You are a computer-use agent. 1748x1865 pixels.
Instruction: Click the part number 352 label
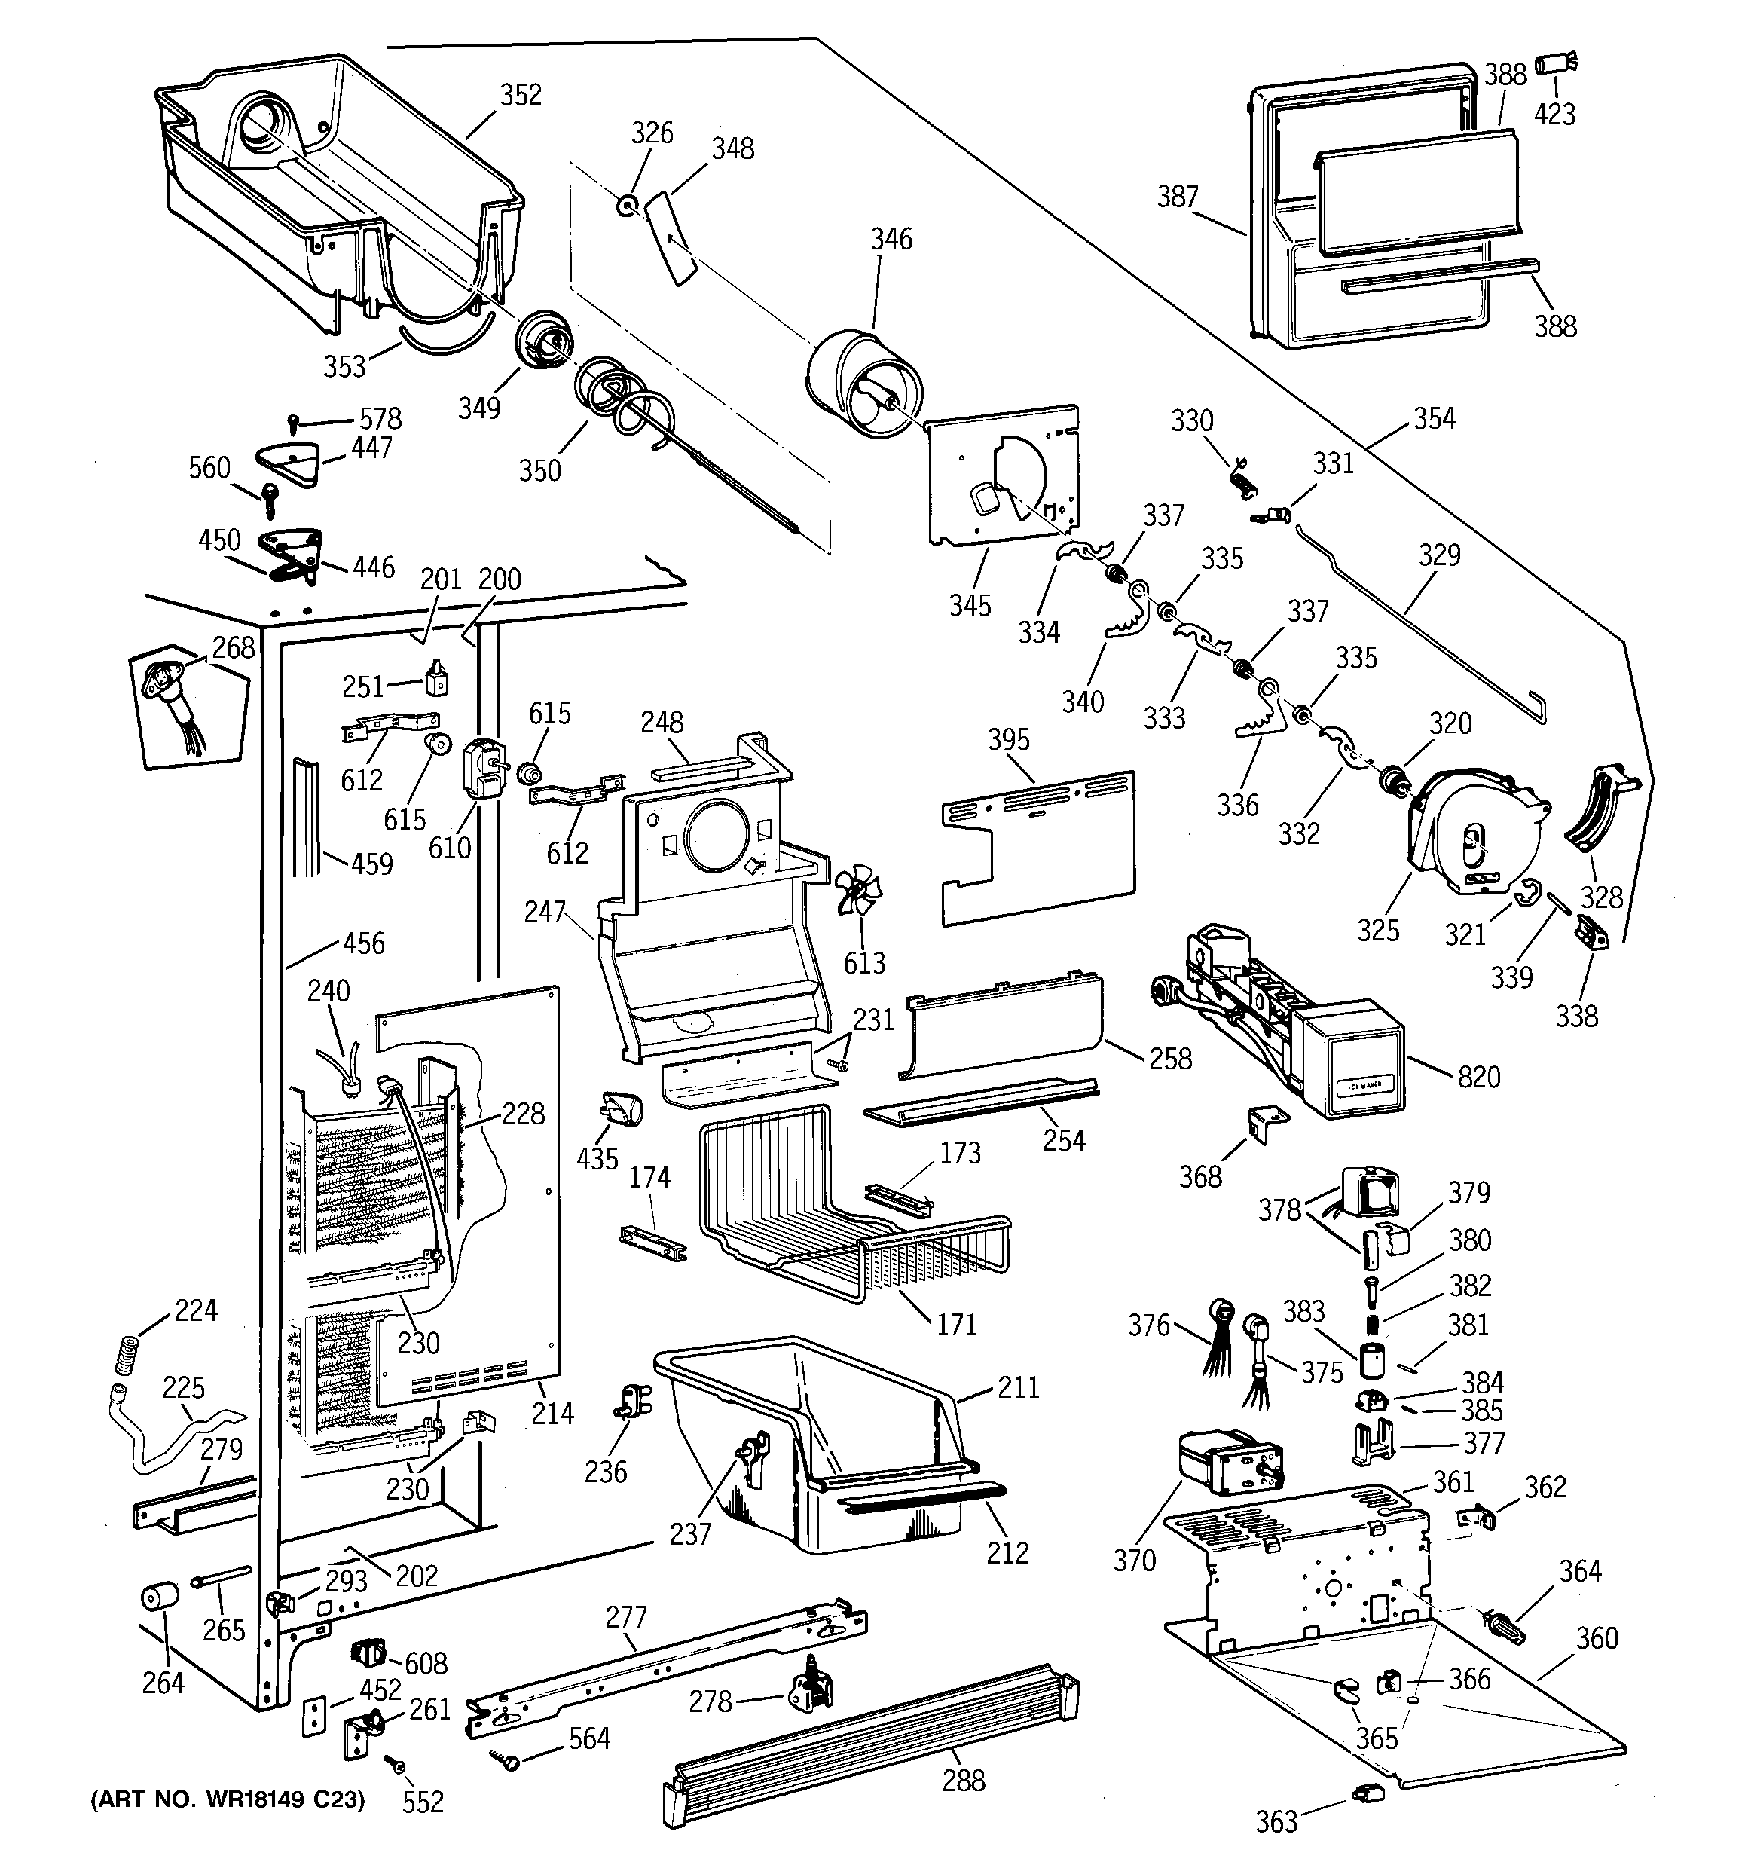coord(520,95)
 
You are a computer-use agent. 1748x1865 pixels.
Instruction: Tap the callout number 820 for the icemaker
coord(1479,1077)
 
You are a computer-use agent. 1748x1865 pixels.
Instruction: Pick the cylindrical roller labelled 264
coord(160,1597)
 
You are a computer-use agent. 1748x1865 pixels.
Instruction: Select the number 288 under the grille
coord(964,1781)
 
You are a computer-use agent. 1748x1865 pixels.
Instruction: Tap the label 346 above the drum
coord(891,239)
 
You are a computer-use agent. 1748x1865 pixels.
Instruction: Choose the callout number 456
coord(364,943)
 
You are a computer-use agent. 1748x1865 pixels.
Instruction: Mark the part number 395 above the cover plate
coord(1009,739)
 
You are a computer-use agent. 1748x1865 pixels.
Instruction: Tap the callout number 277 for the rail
coord(626,1617)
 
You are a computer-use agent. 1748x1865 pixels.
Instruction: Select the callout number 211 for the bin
coord(1019,1387)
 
